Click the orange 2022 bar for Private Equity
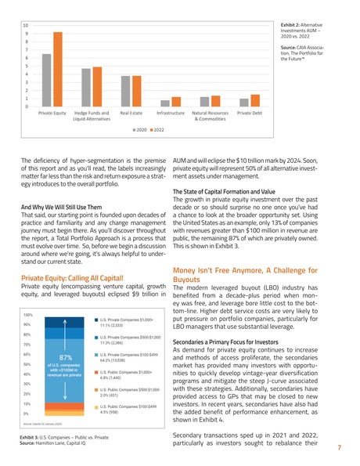57,70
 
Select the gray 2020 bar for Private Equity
46,81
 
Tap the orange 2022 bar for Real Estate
136,92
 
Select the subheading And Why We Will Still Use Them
63,208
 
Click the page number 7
340,449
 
